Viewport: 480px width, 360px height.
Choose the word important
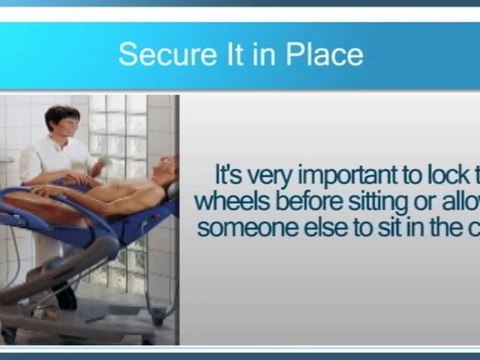[373, 171]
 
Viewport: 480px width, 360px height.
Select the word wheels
[231, 199]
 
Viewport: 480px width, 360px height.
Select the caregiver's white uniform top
[55, 160]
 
